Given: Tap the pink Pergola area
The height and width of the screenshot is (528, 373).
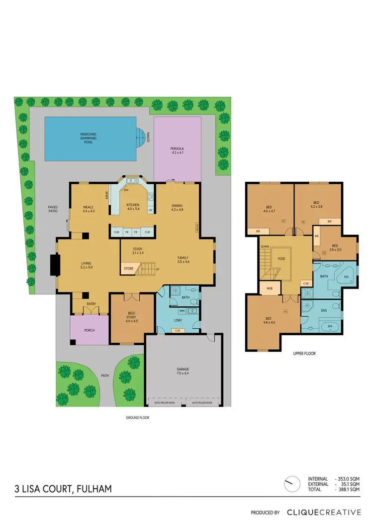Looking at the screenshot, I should pos(178,149).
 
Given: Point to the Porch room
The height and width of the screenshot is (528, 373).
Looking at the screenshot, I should pos(89,330).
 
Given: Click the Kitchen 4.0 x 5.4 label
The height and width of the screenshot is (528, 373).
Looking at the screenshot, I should pos(132,207).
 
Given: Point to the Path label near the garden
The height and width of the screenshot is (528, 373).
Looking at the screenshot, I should pos(104,376).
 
